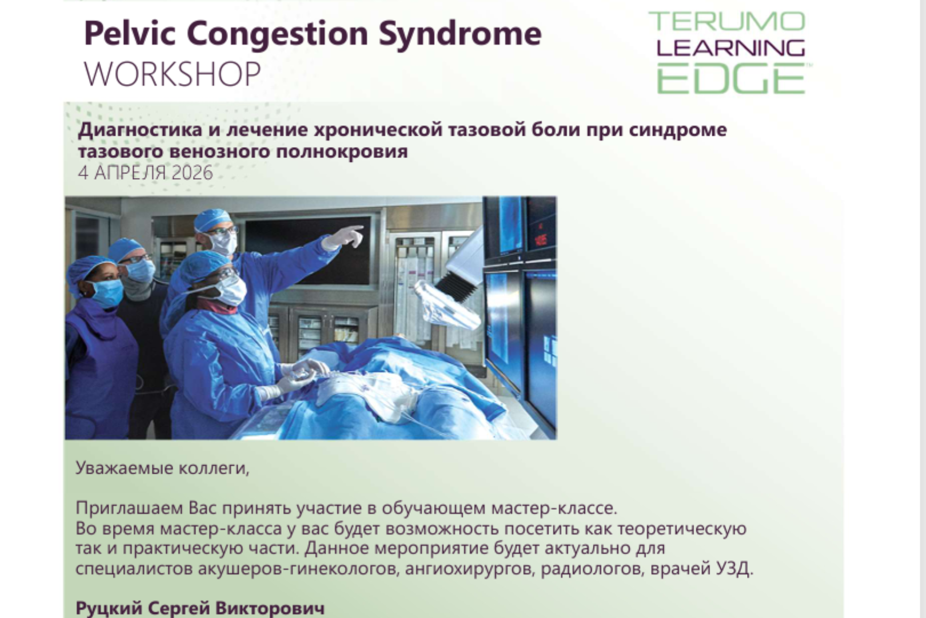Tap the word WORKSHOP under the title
[173, 74]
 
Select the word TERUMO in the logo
[727, 22]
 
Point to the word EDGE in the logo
[731, 78]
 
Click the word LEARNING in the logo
[731, 48]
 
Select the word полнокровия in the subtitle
[342, 152]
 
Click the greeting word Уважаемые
[125, 468]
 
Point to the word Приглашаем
[130, 508]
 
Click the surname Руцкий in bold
[109, 608]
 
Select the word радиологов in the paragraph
[592, 569]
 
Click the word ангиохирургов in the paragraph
[470, 569]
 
